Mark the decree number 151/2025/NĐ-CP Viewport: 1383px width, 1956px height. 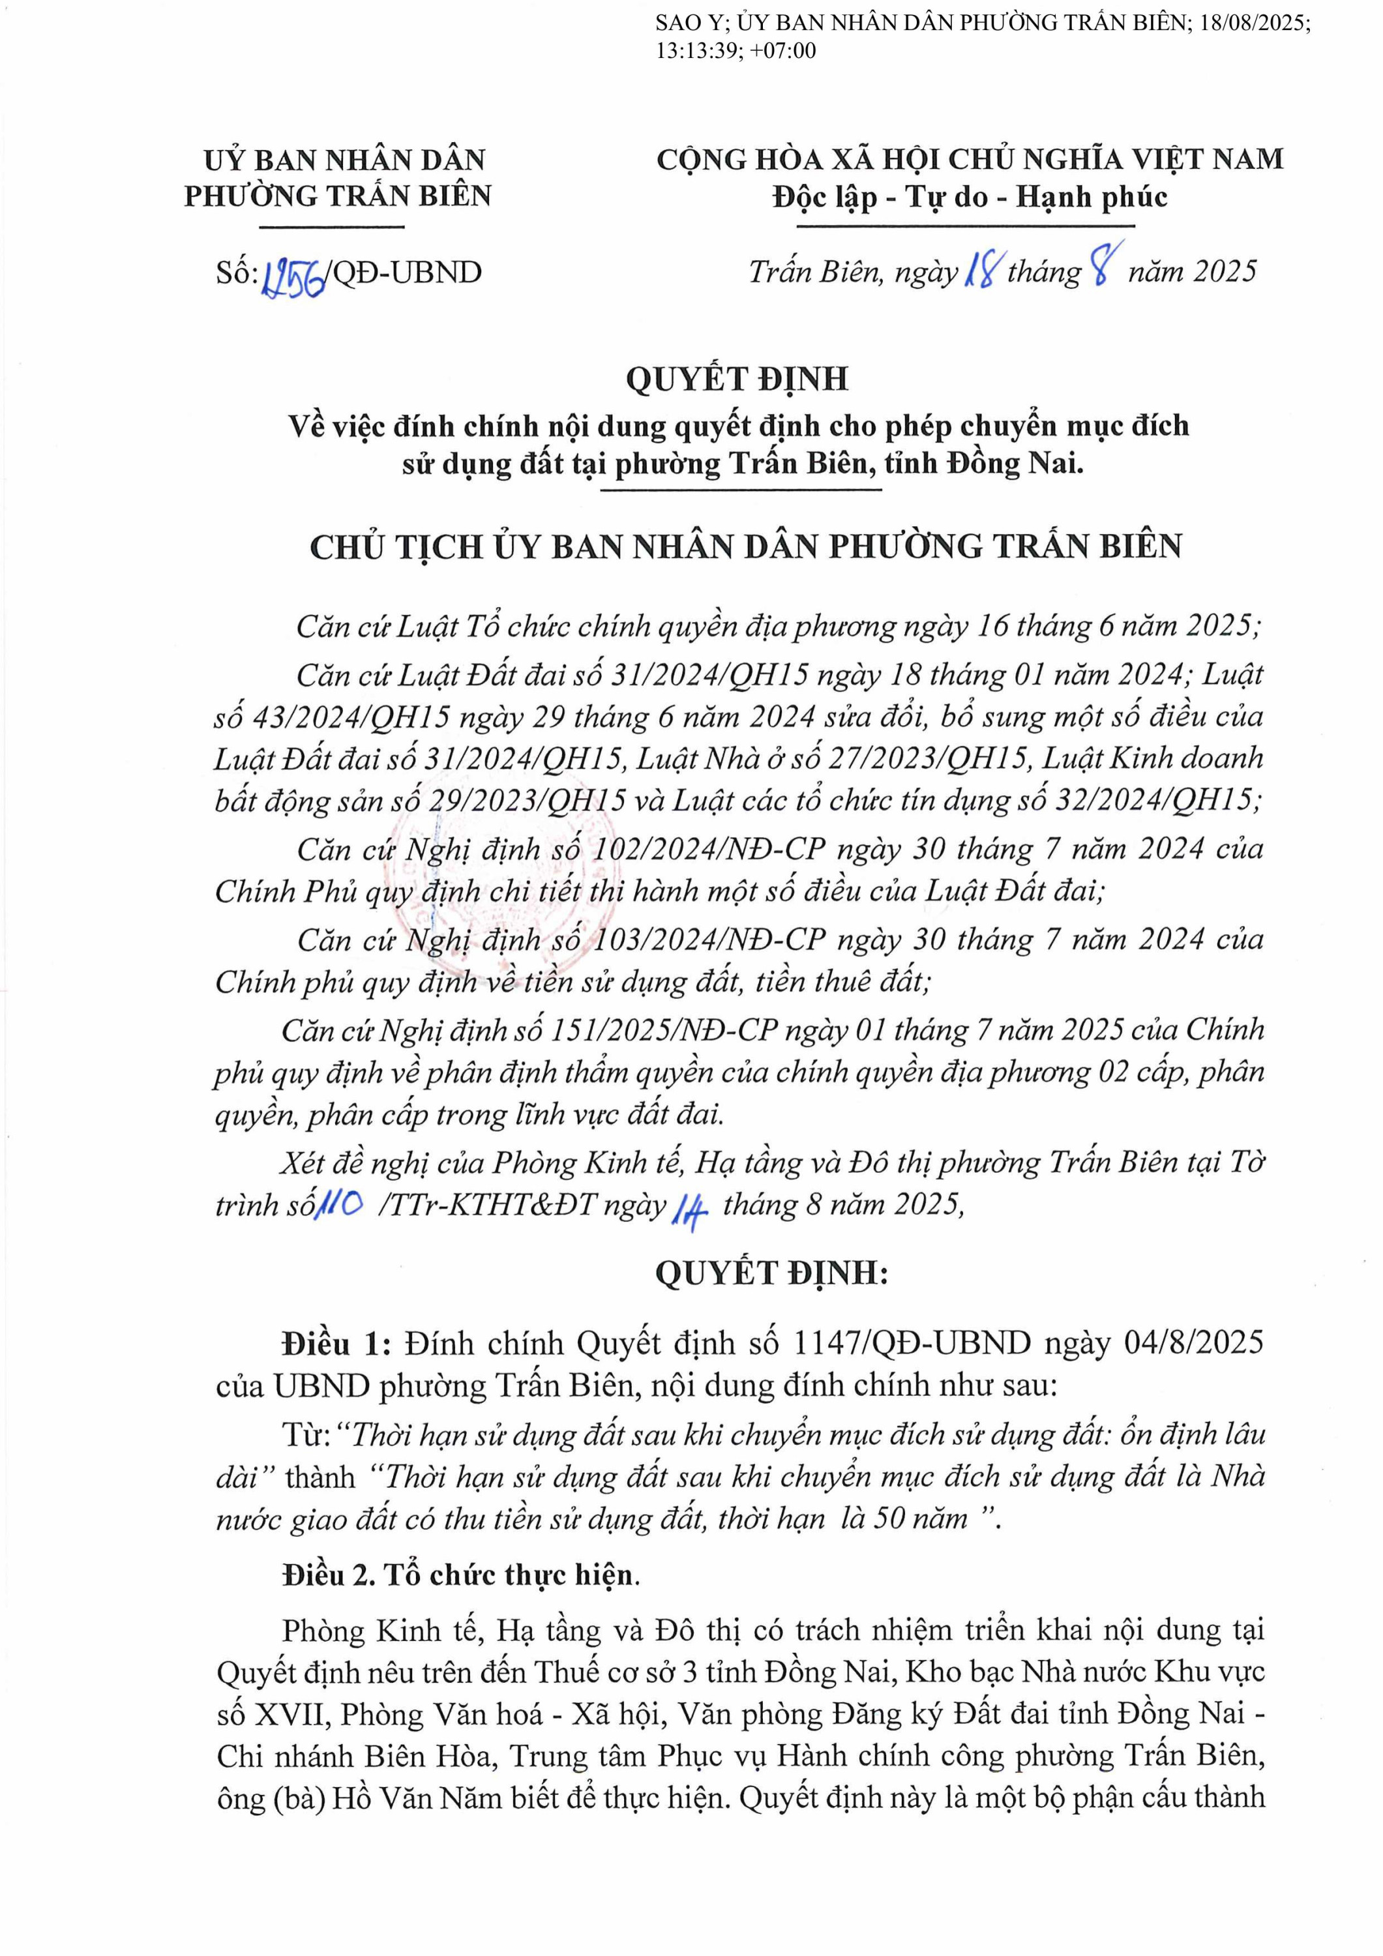(x=664, y=1030)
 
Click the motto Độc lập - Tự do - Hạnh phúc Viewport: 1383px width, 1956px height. (x=969, y=198)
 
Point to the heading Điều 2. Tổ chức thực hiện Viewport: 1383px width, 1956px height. (x=460, y=1575)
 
